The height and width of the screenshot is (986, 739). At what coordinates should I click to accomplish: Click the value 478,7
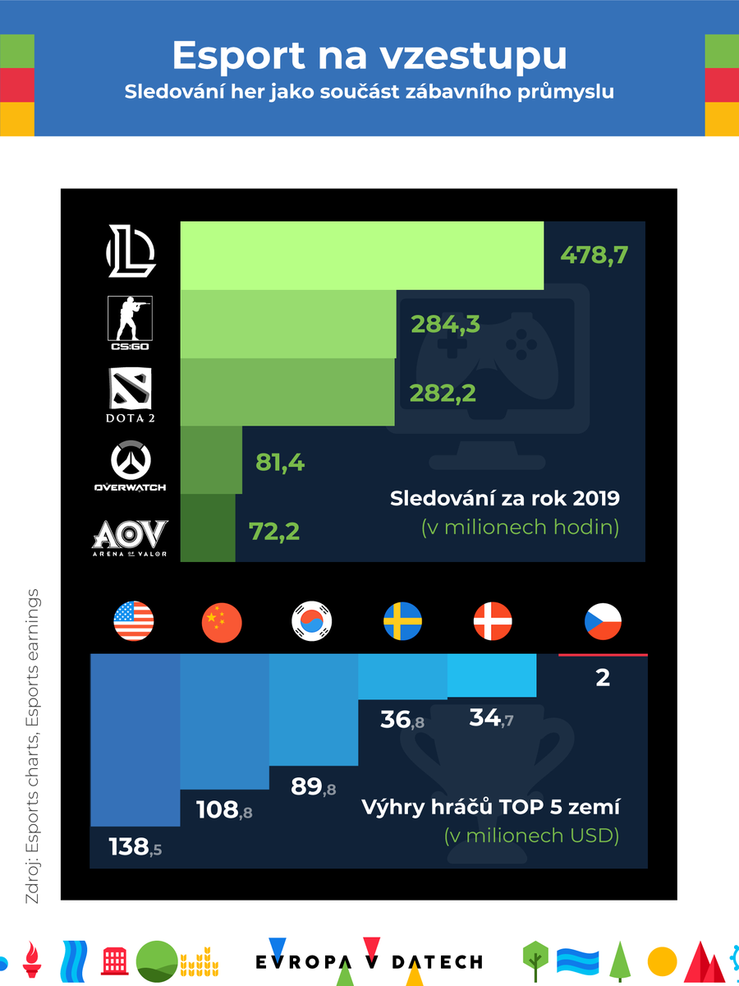pos(594,255)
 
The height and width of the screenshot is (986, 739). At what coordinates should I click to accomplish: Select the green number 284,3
pos(445,325)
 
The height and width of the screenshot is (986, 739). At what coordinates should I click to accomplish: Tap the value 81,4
pos(280,463)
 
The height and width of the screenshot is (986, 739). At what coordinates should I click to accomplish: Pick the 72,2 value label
pos(273,531)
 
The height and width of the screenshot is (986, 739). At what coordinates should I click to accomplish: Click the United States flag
pos(134,622)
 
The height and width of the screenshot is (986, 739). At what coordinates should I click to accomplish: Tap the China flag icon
pos(222,622)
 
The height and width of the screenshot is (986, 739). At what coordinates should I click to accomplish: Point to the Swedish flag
pos(402,622)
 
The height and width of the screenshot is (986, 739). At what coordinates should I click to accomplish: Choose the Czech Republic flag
pos(603,622)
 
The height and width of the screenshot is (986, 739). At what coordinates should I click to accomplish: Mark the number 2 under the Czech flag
pos(603,679)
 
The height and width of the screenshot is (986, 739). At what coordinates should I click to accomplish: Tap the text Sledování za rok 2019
pos(504,498)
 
